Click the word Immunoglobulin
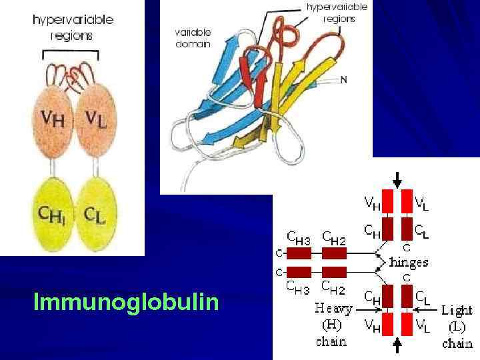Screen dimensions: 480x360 [x=126, y=303]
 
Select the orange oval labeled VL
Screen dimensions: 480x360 [x=97, y=120]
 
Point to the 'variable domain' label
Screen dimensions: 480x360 [x=193, y=37]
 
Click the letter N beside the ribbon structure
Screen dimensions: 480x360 [x=344, y=80]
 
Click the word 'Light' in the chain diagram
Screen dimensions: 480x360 [x=457, y=310]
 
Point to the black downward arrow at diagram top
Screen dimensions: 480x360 [x=397, y=179]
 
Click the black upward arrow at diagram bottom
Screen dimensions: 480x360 [x=398, y=345]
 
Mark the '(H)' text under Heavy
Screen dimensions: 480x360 [x=332, y=326]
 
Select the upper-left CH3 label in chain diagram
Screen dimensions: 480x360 [x=299, y=235]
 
